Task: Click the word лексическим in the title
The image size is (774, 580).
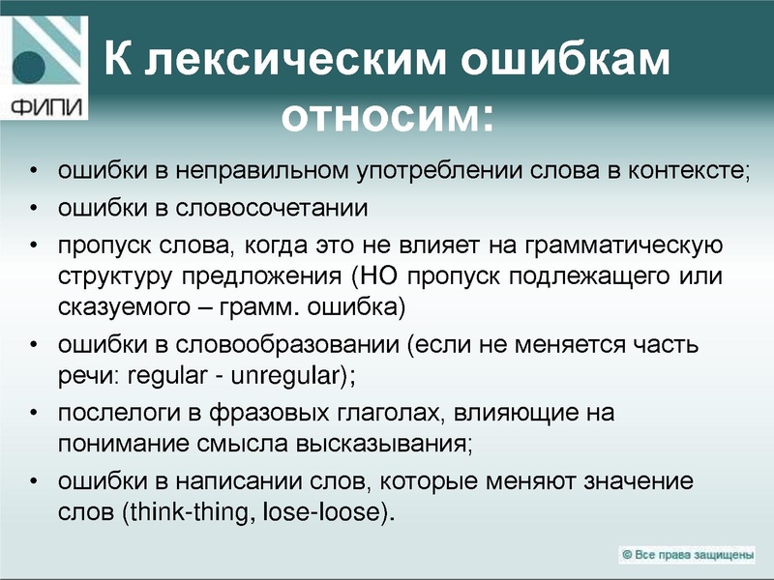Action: (x=296, y=61)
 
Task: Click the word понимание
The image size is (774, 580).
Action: (x=111, y=446)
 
